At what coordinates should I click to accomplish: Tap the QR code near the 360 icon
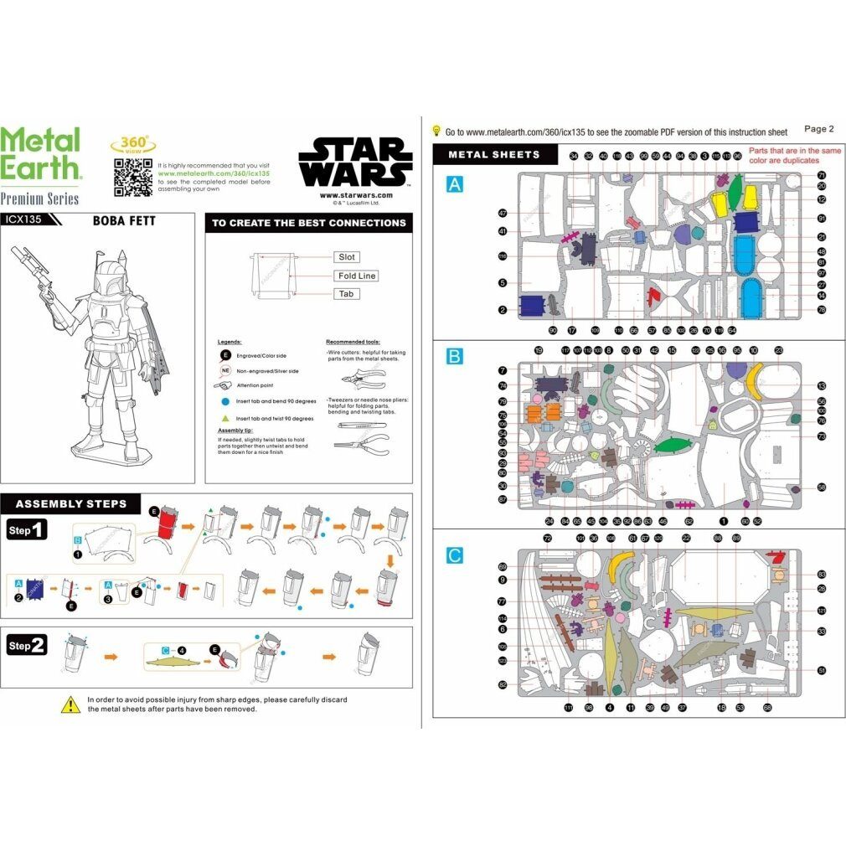click(x=132, y=175)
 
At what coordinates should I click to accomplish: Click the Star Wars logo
click(x=356, y=162)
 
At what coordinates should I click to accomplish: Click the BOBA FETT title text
click(x=124, y=222)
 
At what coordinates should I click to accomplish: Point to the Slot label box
click(x=346, y=257)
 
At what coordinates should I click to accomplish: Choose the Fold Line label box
click(x=357, y=276)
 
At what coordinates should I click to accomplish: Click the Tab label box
click(x=345, y=294)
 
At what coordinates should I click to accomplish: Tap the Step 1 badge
click(x=28, y=530)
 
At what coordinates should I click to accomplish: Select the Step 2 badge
click(x=28, y=646)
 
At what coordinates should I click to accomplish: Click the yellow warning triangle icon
click(x=70, y=704)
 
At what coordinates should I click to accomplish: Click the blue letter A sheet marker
click(x=454, y=184)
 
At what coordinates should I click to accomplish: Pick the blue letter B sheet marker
click(x=454, y=357)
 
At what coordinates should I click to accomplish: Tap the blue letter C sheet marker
click(x=454, y=555)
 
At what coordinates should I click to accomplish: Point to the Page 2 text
click(x=818, y=129)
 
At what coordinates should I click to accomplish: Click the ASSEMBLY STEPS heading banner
click(x=72, y=503)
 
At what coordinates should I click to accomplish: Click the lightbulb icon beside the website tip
click(x=436, y=131)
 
